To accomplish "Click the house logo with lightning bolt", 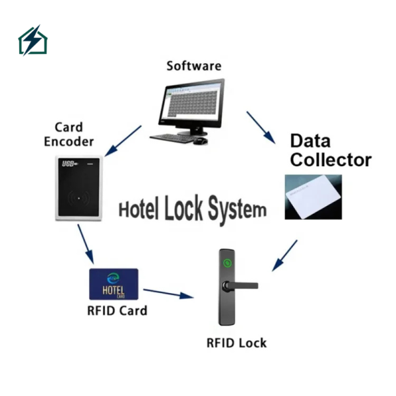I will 32,40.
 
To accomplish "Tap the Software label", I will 193,66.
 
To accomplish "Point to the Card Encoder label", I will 69,134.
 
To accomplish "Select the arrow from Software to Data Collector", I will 261,127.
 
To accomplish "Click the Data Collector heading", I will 331,150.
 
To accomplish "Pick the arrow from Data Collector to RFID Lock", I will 284,255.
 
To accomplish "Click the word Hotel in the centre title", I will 140,210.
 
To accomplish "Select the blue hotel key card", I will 114,284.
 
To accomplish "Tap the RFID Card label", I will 117,310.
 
